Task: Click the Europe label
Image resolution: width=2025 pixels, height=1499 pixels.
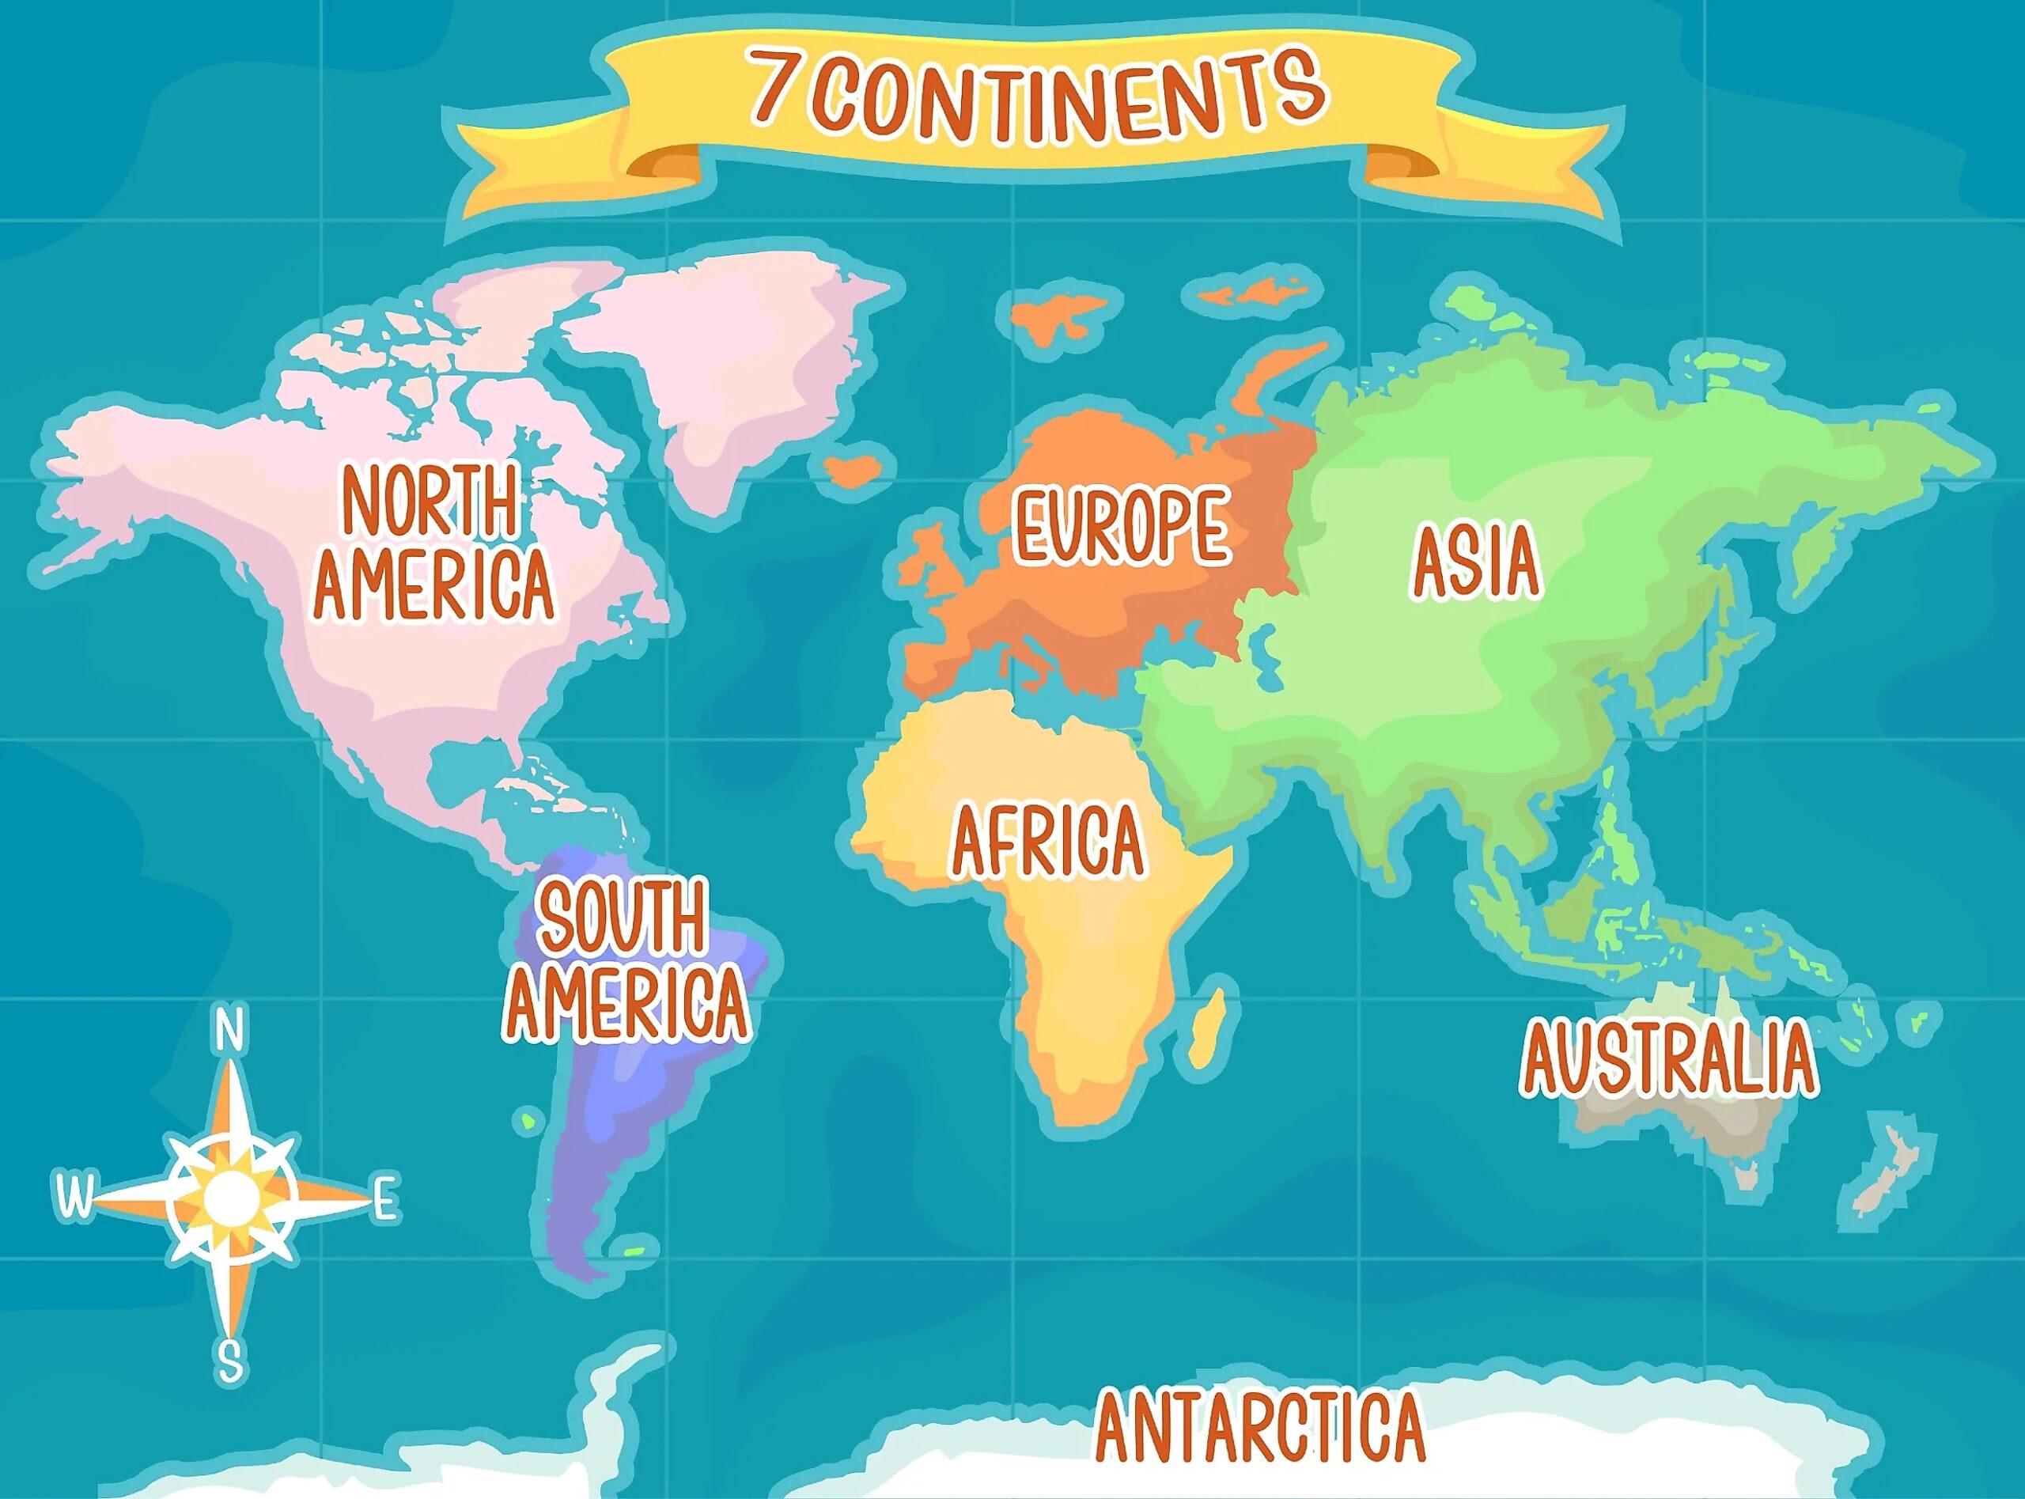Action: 1122,526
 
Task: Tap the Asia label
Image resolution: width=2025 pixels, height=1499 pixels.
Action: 1476,561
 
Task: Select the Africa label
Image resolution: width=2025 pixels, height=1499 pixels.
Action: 1048,840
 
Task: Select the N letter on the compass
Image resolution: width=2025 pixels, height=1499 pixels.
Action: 230,1030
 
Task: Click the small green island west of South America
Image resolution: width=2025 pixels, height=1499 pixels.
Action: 526,1122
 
